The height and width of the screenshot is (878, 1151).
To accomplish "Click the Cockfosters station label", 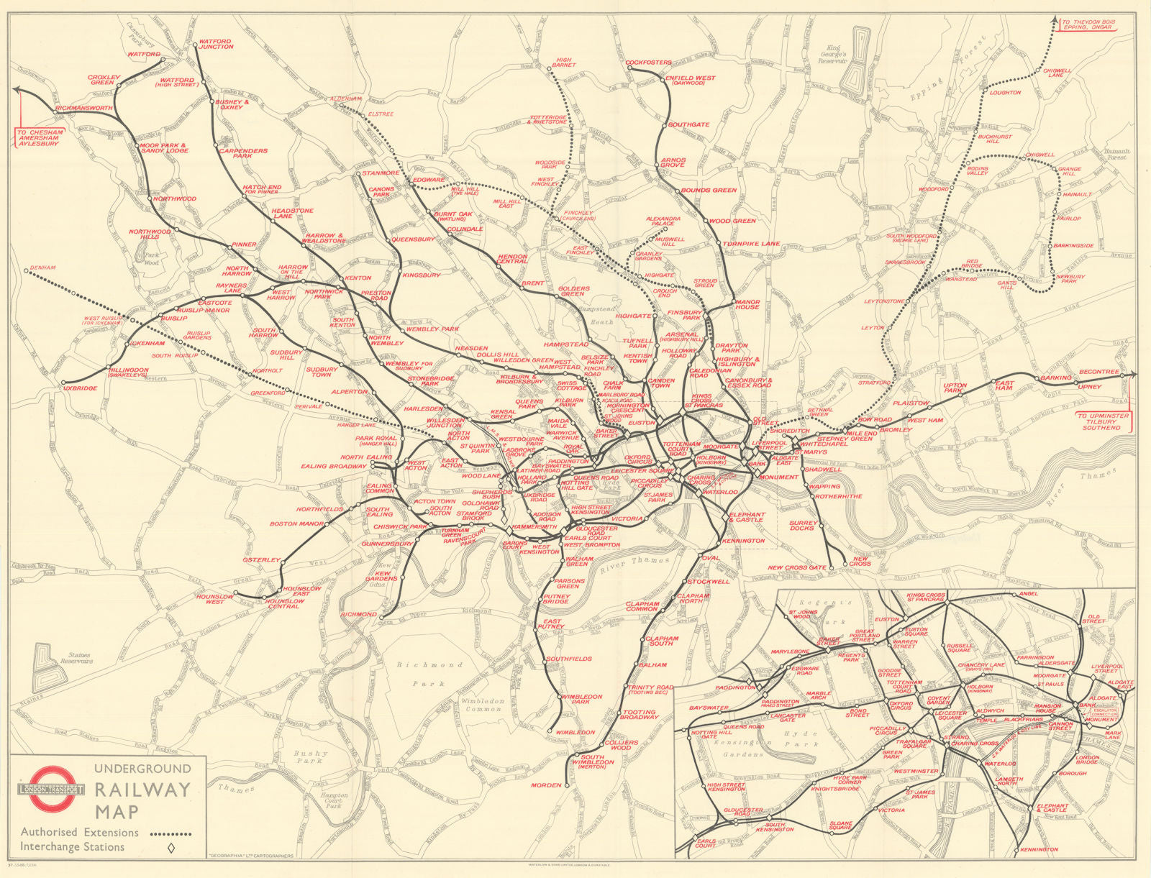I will [648, 63].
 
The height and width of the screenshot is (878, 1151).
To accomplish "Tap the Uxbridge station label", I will [80, 388].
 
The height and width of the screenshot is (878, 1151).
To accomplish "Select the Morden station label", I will [546, 785].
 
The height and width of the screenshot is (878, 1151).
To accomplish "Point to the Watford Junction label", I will [216, 45].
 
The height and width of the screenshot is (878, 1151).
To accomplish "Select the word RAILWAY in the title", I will [142, 790].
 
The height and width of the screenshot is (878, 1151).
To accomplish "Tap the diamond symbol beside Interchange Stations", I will [170, 849].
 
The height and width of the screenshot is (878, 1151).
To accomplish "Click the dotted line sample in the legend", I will [170, 834].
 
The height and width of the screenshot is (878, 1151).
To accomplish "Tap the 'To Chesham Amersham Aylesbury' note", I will [40, 138].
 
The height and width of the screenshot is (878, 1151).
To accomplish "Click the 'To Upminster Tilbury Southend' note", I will [1103, 421].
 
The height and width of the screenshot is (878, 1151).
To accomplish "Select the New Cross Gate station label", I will [796, 568].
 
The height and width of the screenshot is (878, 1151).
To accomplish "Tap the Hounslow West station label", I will [215, 599].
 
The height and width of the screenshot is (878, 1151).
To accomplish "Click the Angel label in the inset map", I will [1029, 594].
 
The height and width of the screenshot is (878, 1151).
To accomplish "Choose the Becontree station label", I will [1099, 372].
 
